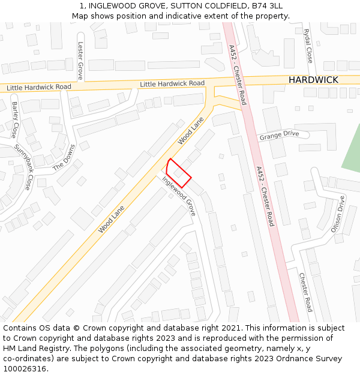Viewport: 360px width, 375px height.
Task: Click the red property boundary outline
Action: coord(179,173)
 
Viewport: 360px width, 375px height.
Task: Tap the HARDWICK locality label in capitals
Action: coord(313,80)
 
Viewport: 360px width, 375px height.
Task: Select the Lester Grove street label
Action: coord(80,61)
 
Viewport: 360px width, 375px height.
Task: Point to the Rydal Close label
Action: coord(309,46)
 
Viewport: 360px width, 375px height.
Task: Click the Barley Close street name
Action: coord(15,119)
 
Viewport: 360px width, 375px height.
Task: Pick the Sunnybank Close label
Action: coord(23,167)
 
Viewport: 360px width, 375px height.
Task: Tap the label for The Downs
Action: coord(64,158)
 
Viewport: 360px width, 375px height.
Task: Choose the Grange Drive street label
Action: coord(278,136)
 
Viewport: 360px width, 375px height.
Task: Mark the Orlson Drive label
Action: coord(338,214)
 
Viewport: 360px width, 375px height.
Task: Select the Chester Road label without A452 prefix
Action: coord(305,292)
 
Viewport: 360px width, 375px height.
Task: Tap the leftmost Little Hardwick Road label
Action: coord(38,88)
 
